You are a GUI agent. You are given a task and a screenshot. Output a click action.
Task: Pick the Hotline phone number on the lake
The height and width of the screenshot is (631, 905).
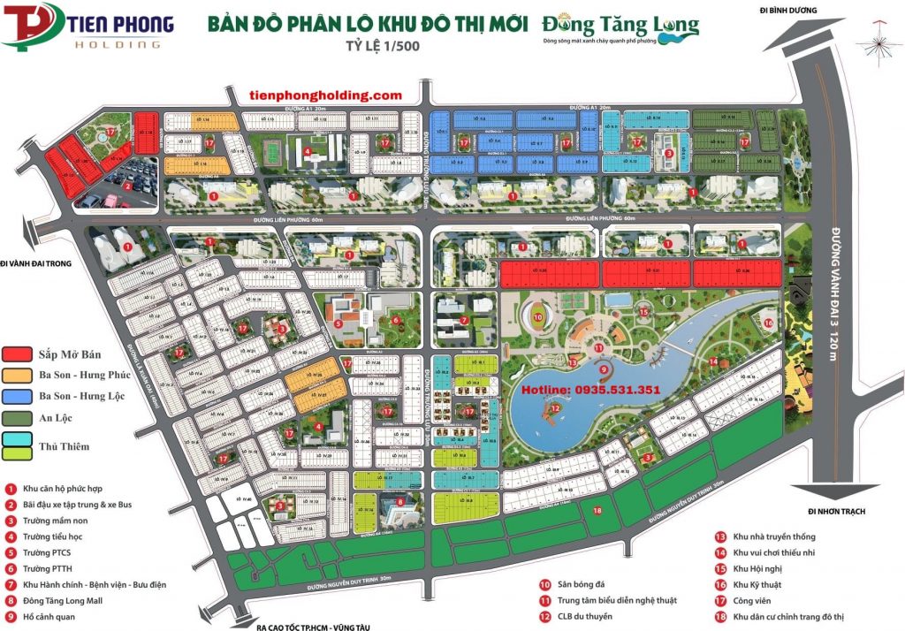pos(591,389)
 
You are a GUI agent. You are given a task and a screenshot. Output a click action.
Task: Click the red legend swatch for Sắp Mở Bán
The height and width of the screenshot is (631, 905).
pos(20,354)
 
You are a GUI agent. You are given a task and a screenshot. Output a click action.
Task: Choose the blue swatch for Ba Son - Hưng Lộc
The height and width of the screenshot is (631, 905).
pos(20,396)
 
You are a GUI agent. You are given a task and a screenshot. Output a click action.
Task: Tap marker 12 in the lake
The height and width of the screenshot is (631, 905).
pos(553,408)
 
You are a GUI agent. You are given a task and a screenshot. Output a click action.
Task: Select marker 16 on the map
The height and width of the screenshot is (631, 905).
pos(769,323)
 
